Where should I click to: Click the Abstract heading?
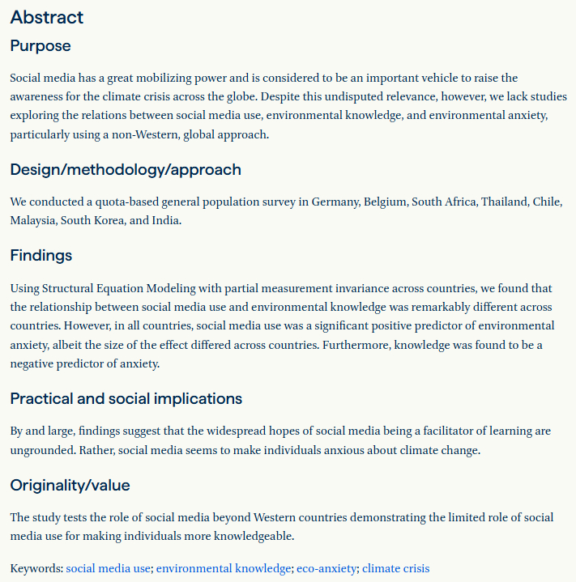(x=47, y=17)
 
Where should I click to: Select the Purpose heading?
(x=41, y=46)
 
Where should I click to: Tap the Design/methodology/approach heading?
(x=126, y=170)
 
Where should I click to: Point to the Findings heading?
(x=41, y=256)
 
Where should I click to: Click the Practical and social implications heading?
(x=126, y=399)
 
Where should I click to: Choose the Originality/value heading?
(x=70, y=486)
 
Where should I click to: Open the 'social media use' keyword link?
(x=108, y=569)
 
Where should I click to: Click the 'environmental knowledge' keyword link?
(x=223, y=569)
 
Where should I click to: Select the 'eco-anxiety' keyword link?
(x=326, y=569)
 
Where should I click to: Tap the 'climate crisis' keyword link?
(x=395, y=569)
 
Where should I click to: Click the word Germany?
(x=333, y=202)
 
